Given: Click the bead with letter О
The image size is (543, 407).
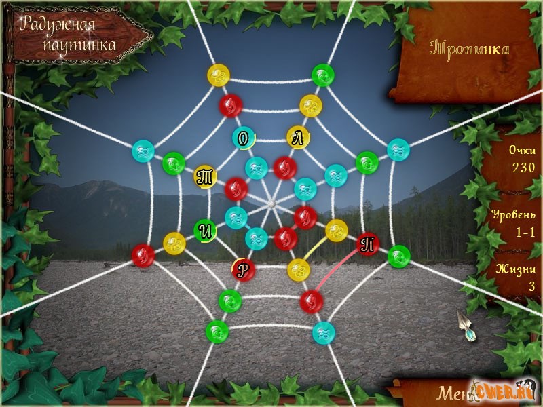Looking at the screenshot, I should tap(243, 138).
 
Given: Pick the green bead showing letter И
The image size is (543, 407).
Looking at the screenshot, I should tap(206, 231).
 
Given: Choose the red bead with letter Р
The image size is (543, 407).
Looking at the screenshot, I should tap(244, 269).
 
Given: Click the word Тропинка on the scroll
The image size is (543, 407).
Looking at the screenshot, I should tap(470, 49).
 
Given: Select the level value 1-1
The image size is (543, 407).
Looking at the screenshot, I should tap(523, 232).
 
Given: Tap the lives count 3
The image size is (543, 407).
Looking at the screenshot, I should tap(532, 286).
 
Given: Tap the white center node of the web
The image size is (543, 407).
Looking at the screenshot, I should tap(271, 203).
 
